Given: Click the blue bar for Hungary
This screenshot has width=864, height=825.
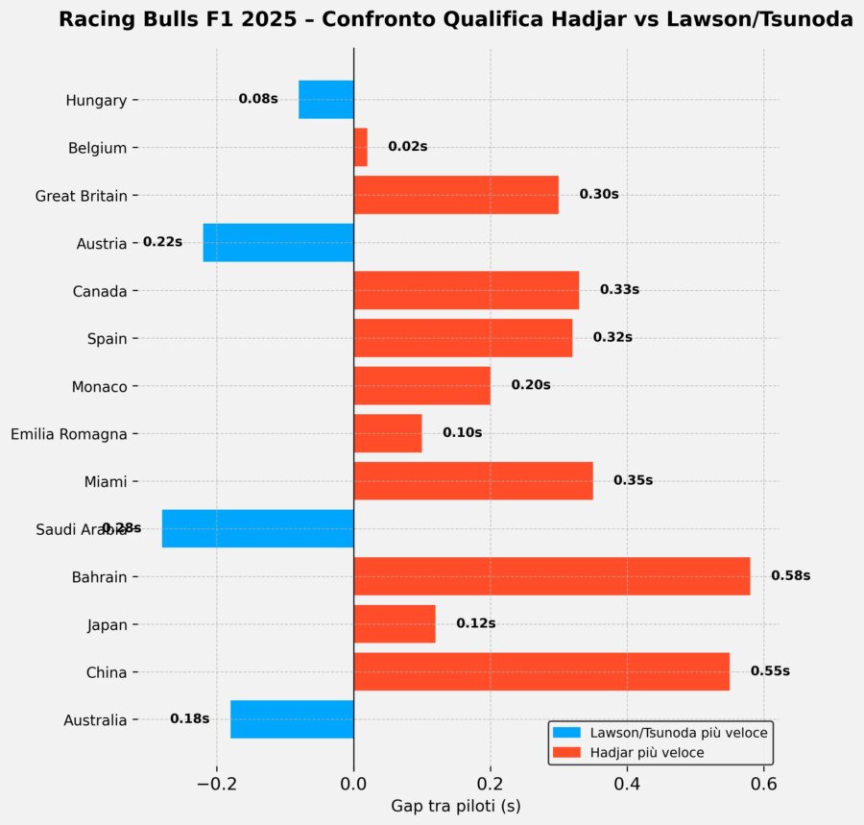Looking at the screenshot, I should click(326, 99).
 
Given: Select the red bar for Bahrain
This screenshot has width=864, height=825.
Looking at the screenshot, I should click(552, 576).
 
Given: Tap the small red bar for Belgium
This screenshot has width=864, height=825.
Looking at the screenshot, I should click(361, 147).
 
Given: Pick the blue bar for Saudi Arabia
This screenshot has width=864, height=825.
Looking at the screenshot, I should click(258, 528).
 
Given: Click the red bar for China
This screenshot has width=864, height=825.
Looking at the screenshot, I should click(541, 671).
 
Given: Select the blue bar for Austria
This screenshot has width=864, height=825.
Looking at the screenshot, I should click(278, 242).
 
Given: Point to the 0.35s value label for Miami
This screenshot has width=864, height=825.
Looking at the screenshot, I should click(633, 480).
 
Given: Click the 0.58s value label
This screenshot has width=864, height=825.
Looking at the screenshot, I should click(790, 576).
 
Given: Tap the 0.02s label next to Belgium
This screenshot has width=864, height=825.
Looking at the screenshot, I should click(407, 147).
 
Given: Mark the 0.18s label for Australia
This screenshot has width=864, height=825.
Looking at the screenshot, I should click(189, 718).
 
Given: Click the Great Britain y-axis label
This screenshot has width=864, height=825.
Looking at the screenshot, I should click(82, 196).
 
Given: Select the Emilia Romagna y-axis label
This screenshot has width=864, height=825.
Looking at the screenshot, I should click(69, 434).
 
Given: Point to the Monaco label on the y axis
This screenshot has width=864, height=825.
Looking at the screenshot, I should click(99, 387).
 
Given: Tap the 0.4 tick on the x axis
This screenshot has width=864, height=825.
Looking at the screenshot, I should click(627, 784).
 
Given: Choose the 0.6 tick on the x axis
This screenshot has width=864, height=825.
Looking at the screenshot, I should click(763, 784).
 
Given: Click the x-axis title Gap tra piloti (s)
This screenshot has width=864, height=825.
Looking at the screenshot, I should click(456, 806).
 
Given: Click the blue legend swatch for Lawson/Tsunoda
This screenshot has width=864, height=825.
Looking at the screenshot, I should click(567, 733).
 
